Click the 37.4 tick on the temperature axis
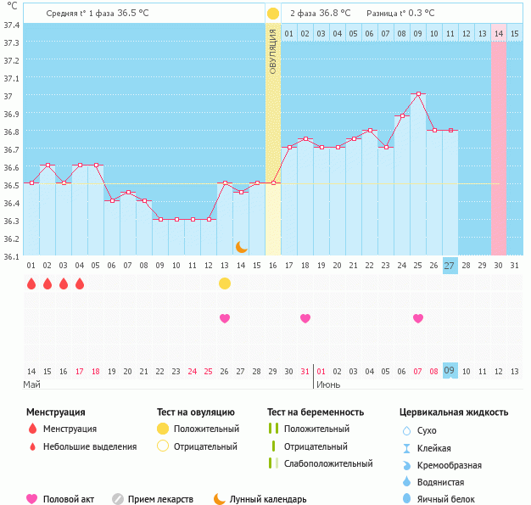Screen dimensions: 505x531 pyautogui.click(x=11, y=25)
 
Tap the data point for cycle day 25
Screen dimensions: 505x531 pyautogui.click(x=418, y=94)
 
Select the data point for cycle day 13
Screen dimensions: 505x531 pyautogui.click(x=225, y=182)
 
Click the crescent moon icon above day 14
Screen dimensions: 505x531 pyautogui.click(x=241, y=246)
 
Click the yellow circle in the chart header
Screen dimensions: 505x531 pyautogui.click(x=273, y=14)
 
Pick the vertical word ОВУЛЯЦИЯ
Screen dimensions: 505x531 pyautogui.click(x=273, y=52)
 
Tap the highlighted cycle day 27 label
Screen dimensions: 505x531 pyautogui.click(x=450, y=266)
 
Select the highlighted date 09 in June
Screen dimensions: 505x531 pyautogui.click(x=450, y=371)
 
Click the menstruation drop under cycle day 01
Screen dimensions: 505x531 pyautogui.click(x=31, y=283)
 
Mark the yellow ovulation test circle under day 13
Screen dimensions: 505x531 pyautogui.click(x=225, y=283)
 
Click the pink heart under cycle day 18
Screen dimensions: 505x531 pyautogui.click(x=305, y=318)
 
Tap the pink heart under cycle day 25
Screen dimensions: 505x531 pyautogui.click(x=418, y=318)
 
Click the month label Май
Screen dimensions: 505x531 pyautogui.click(x=32, y=384)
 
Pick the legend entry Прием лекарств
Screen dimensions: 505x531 pyautogui.click(x=160, y=499)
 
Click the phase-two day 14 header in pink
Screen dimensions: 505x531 pyautogui.click(x=499, y=33)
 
